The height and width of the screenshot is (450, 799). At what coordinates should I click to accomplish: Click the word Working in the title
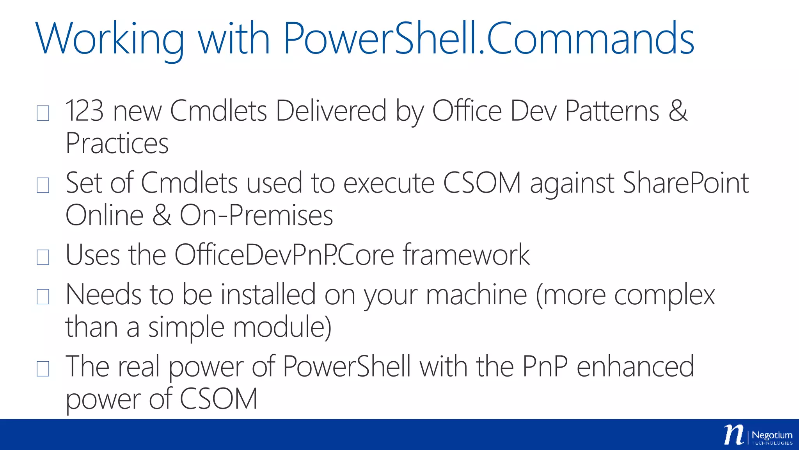click(x=109, y=39)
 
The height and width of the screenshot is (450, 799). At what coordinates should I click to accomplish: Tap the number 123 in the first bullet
click(x=84, y=111)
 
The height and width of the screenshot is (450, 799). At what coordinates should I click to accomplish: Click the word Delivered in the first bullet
click(x=331, y=111)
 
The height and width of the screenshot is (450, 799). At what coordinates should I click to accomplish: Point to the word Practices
click(x=117, y=144)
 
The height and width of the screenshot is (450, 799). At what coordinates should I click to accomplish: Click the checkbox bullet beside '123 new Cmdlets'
click(x=43, y=113)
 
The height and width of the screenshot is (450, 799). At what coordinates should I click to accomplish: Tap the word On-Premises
click(x=256, y=215)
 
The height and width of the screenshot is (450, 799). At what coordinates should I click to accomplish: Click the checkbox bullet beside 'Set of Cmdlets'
click(x=43, y=185)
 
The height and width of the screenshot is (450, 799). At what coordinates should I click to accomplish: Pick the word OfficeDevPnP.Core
click(x=284, y=255)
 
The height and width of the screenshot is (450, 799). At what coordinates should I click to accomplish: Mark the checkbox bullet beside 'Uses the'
click(x=43, y=257)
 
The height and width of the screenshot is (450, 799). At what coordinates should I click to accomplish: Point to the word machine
click(x=476, y=295)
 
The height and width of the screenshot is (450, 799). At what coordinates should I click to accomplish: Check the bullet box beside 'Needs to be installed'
click(x=43, y=297)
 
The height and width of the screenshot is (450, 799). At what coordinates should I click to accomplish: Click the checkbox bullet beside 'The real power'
click(x=43, y=369)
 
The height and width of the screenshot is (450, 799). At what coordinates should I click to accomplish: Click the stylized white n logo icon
click(x=734, y=434)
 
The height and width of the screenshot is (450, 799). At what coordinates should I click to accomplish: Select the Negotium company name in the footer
click(x=772, y=435)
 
